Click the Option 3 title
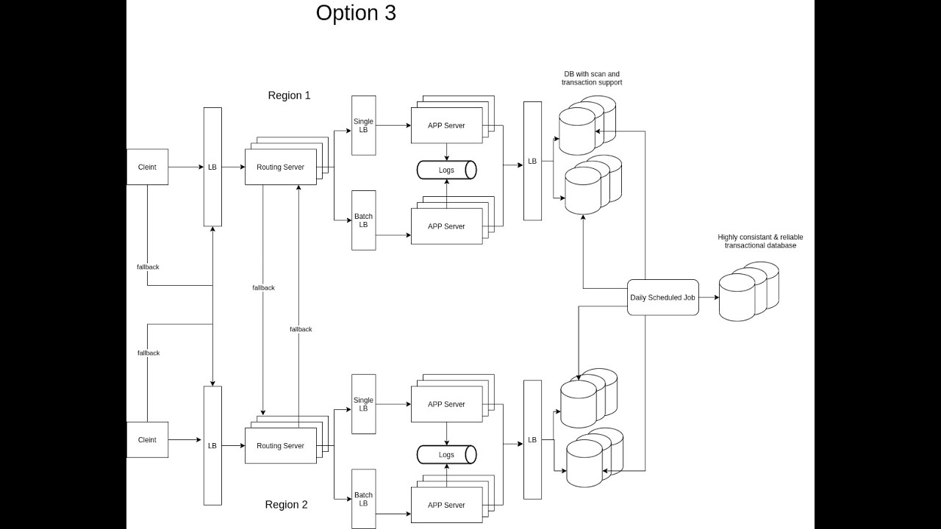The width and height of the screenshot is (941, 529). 356,13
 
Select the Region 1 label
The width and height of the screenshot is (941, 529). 289,96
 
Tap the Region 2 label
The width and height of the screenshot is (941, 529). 286,504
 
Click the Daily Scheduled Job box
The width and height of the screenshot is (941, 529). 663,298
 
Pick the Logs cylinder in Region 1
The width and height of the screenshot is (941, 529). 446,170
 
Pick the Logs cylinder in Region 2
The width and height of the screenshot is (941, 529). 446,455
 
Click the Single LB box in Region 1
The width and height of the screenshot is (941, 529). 363,126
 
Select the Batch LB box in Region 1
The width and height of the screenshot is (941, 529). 363,220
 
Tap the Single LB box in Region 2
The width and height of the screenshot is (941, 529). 363,404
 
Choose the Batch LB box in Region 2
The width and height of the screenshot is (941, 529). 363,499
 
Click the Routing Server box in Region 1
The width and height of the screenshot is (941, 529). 281,167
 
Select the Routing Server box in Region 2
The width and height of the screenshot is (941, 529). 281,445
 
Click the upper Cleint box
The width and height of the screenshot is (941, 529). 148,167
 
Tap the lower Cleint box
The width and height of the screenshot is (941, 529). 148,439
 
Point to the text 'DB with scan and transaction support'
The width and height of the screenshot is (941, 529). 592,78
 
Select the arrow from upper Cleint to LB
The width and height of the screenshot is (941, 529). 186,167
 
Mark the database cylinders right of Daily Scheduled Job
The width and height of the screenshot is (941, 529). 749,292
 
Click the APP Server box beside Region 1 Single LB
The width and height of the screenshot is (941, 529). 446,126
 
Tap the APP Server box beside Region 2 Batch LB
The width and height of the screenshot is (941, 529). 446,505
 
